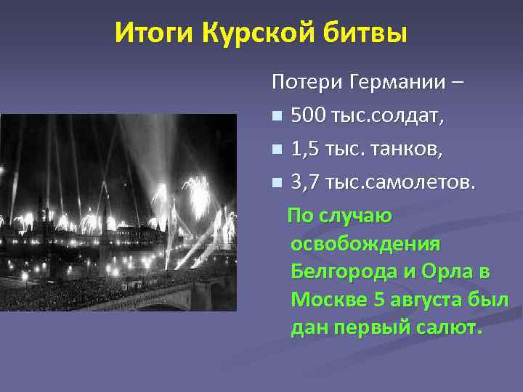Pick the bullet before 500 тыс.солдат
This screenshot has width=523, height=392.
coord(276,116)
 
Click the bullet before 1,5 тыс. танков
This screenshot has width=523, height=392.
coord(276,150)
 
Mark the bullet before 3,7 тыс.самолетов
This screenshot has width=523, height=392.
coord(276,183)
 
